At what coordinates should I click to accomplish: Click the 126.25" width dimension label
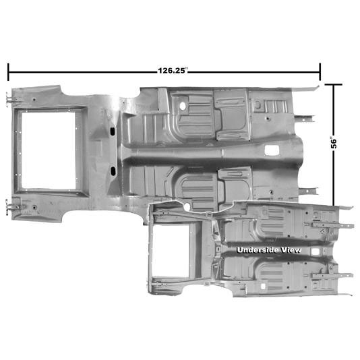click(x=173, y=71)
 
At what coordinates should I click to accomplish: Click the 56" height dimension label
click(x=334, y=143)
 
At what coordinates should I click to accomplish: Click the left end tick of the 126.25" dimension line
click(x=9, y=72)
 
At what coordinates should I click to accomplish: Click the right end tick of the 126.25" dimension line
click(x=320, y=72)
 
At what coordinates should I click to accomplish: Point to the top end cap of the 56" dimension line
click(x=334, y=84)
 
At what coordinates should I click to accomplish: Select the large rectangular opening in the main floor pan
click(x=49, y=150)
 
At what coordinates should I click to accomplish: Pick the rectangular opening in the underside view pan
click(x=171, y=251)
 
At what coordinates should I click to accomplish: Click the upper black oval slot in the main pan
click(x=113, y=131)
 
